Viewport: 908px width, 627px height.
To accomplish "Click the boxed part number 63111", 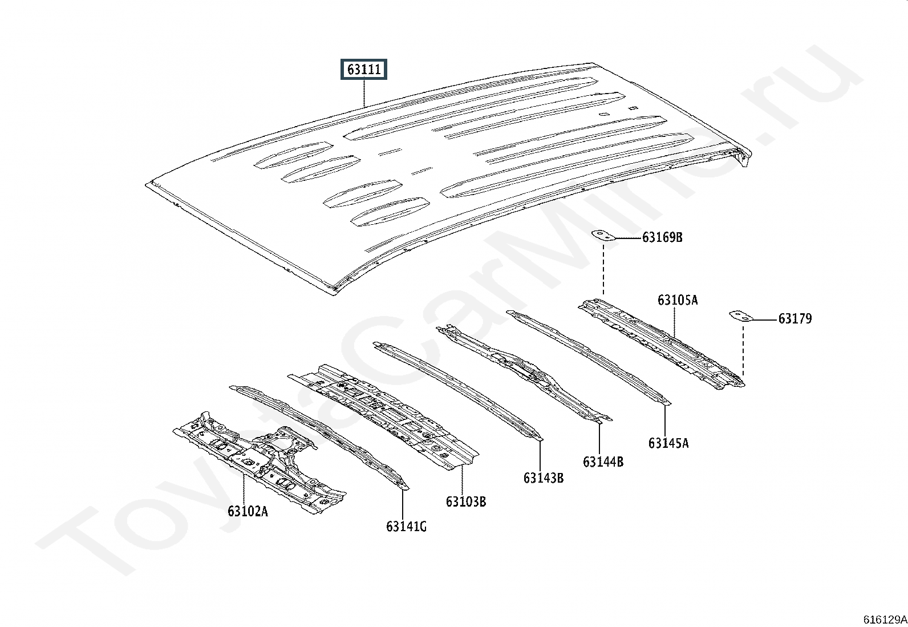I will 364,70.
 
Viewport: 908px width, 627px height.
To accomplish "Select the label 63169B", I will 662,237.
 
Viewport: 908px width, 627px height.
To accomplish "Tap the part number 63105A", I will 677,300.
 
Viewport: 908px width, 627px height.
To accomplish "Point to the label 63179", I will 794,319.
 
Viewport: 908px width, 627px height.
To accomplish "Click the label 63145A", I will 668,443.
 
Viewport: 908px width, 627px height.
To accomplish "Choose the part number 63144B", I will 603,462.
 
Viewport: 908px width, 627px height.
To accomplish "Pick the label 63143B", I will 544,478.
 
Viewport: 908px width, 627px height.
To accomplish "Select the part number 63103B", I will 466,502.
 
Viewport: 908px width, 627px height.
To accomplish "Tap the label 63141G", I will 406,526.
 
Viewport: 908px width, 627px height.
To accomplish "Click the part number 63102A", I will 248,511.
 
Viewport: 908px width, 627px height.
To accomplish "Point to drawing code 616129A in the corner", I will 884,620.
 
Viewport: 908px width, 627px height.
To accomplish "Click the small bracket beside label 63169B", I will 603,235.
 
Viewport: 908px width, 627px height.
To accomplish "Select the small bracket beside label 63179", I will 741,316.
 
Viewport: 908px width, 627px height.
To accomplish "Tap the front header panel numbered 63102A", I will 257,459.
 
